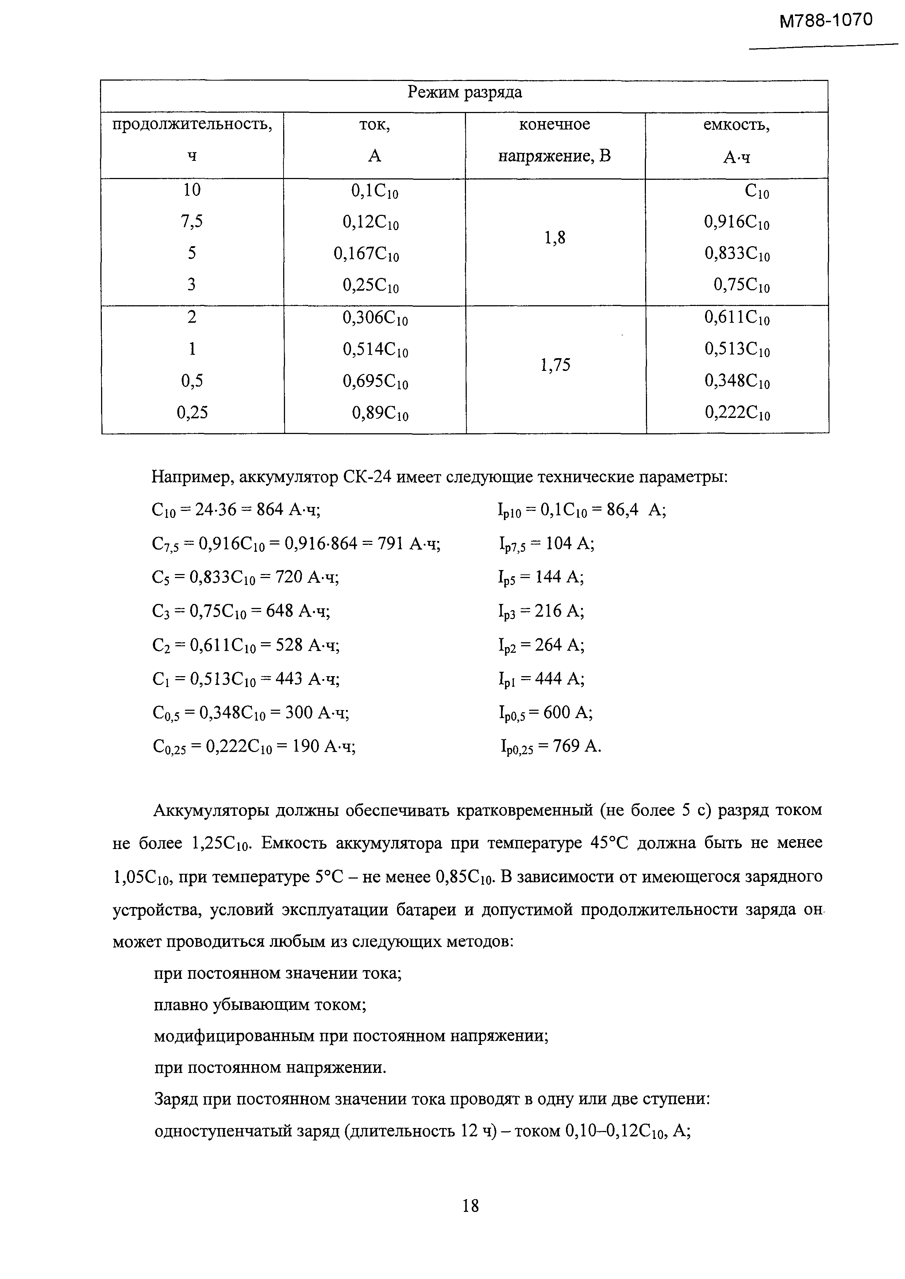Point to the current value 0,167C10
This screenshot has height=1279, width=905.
(366, 255)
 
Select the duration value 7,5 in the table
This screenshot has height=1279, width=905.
(192, 222)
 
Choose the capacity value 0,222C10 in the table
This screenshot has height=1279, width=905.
(737, 413)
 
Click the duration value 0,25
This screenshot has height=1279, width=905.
(192, 412)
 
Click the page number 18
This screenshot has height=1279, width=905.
(470, 1206)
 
